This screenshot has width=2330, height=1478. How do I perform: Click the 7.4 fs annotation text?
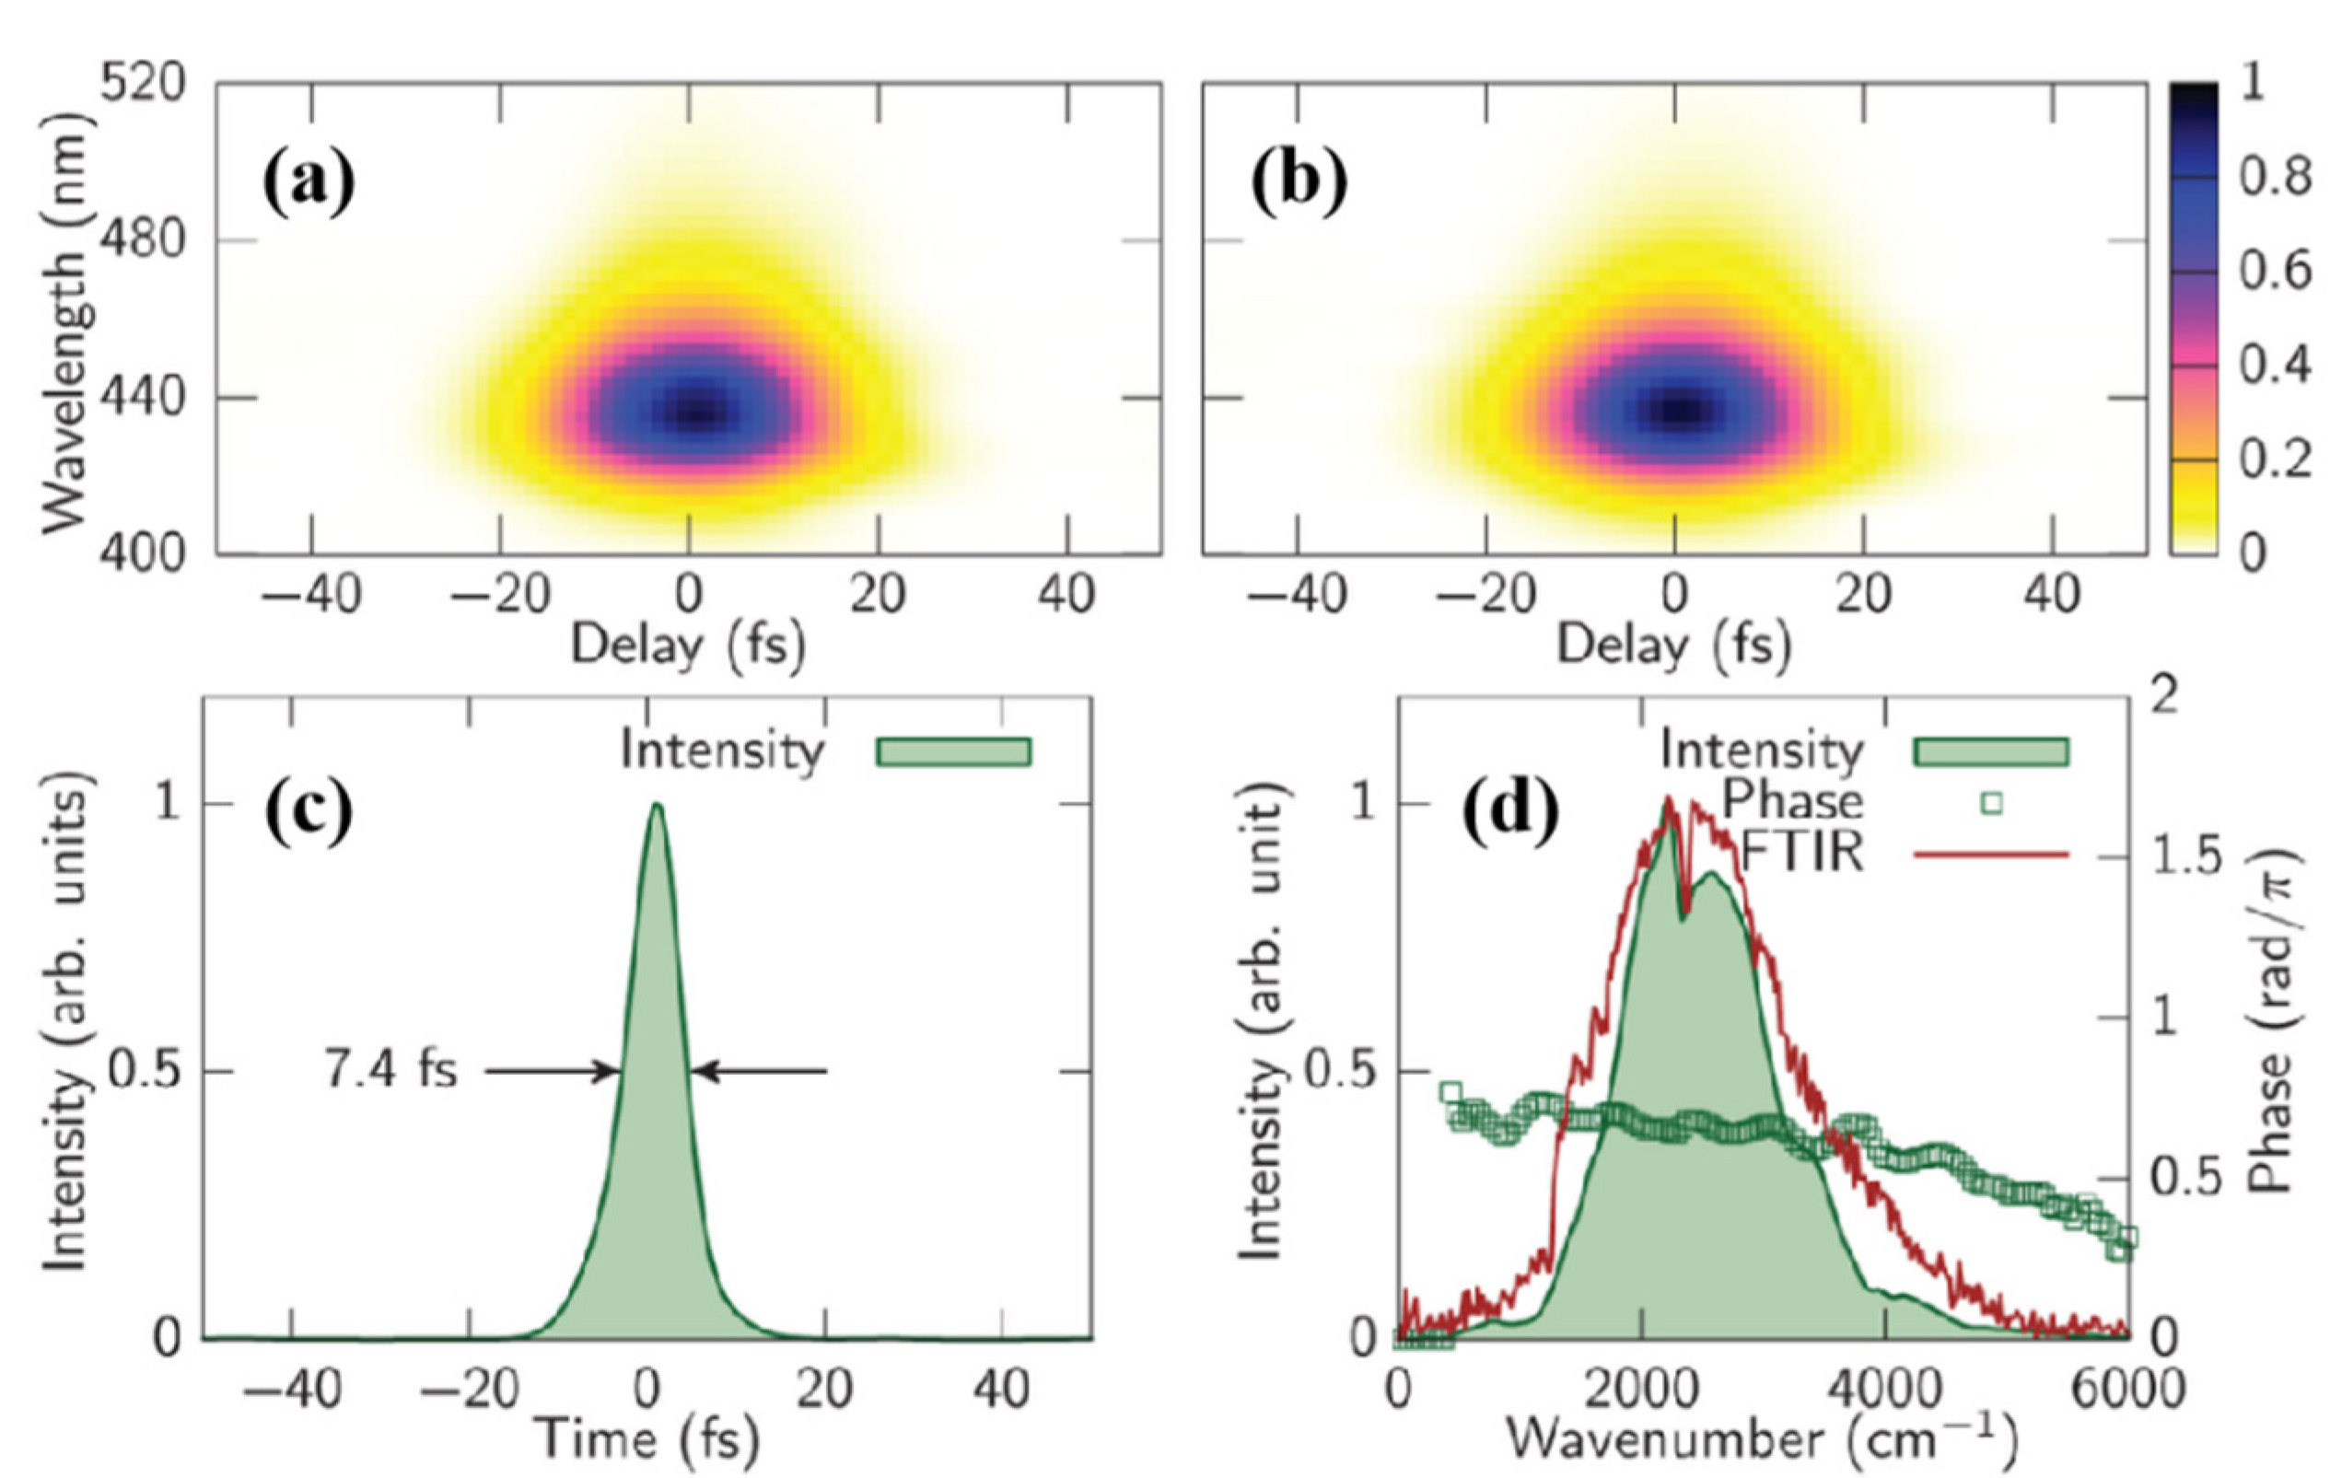tap(390, 1071)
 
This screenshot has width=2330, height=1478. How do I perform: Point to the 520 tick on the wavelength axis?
tap(142, 85)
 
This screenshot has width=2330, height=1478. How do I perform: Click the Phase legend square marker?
tap(1990, 803)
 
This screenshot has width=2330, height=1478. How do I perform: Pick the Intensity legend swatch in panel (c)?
tap(953, 751)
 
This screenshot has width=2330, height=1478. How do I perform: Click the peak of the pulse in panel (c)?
tap(657, 806)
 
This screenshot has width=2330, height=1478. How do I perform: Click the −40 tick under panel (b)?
tap(1298, 594)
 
